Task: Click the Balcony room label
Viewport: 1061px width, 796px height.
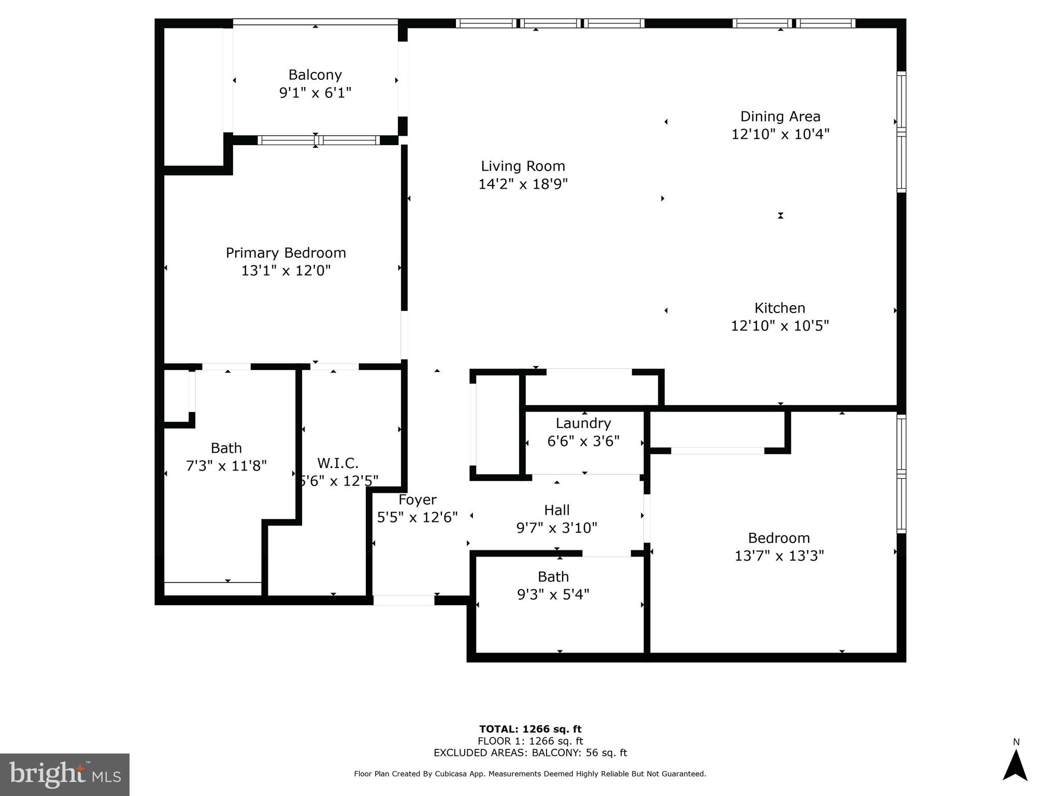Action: point(315,75)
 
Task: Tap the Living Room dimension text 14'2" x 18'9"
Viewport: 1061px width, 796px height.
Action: point(523,184)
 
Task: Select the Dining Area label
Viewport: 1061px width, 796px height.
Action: point(780,117)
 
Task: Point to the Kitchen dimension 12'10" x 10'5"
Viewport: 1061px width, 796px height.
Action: point(780,326)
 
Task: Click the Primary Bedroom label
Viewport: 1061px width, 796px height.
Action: point(285,253)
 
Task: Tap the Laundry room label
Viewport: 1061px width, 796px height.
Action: point(583,423)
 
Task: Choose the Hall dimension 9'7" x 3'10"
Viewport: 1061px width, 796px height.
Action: point(556,528)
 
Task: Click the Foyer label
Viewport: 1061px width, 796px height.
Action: point(417,500)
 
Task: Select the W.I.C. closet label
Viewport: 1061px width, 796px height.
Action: point(338,463)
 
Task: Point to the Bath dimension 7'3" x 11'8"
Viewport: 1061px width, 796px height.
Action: point(226,466)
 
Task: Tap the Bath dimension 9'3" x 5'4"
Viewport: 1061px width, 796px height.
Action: point(553,594)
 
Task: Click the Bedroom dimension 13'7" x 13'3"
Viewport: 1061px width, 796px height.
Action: point(779,556)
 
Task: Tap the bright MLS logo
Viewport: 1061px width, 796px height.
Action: point(65,774)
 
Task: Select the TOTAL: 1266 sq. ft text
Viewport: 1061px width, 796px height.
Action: point(530,729)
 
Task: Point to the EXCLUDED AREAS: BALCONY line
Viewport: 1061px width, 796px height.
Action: point(530,753)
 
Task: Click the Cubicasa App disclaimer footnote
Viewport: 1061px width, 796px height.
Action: point(530,774)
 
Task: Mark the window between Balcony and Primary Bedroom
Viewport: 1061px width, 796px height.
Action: point(319,140)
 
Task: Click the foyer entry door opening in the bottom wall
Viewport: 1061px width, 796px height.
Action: point(404,601)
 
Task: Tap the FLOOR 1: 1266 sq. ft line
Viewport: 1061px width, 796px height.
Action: point(530,741)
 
